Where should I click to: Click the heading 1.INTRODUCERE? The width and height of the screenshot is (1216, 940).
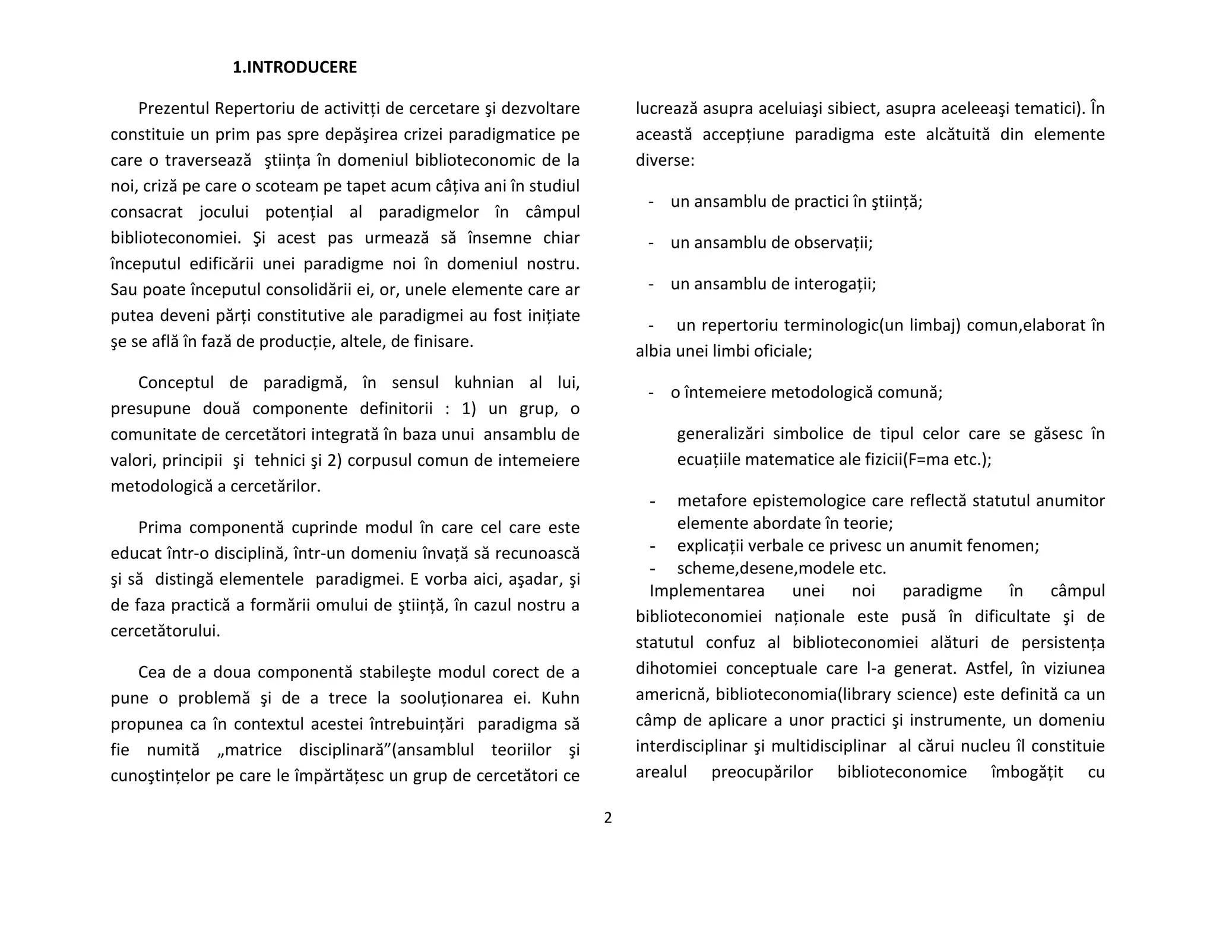(x=294, y=68)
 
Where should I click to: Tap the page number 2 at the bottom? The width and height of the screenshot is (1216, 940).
(x=607, y=818)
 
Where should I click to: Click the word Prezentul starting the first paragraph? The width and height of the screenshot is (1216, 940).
(x=174, y=109)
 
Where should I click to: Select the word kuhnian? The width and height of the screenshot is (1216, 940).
(x=484, y=383)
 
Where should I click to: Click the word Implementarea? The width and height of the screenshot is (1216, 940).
(x=707, y=591)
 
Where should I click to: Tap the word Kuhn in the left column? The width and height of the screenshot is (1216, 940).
(x=560, y=698)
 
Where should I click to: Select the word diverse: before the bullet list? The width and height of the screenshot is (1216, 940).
(x=664, y=161)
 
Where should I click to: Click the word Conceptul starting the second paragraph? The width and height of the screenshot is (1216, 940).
(x=176, y=383)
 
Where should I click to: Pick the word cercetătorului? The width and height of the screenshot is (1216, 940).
(x=165, y=631)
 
